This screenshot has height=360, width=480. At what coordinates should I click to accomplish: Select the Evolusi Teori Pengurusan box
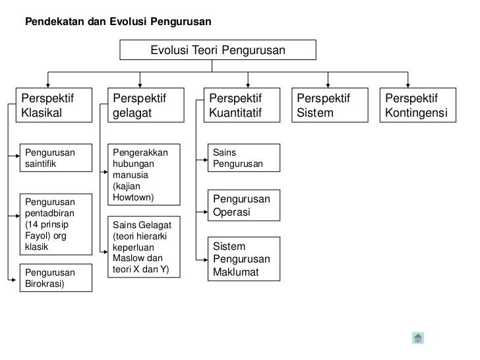point(218,49)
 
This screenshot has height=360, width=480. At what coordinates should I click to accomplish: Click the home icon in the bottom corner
point(417,338)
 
